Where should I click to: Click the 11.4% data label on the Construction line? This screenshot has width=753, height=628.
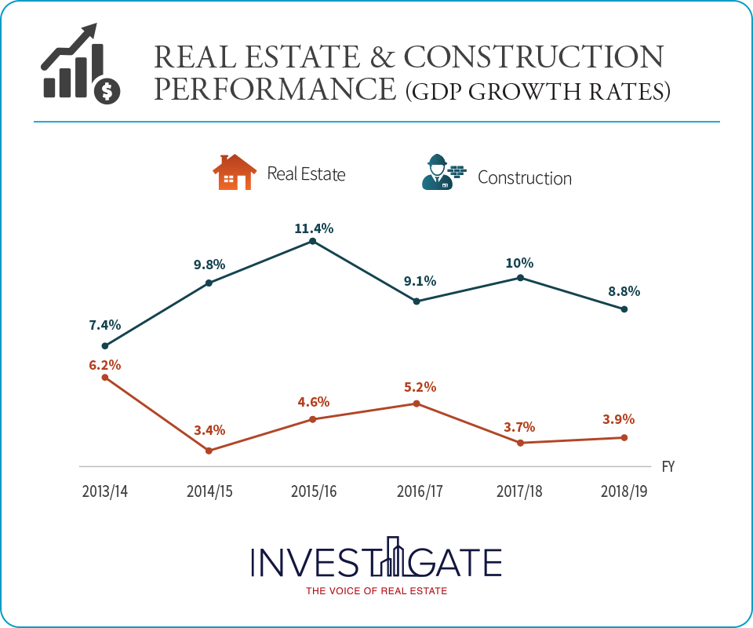pyautogui.click(x=313, y=228)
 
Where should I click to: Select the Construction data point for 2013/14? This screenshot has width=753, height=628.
pyautogui.click(x=105, y=345)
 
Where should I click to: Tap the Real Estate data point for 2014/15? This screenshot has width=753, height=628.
pyautogui.click(x=209, y=451)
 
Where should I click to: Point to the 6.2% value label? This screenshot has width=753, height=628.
pyautogui.click(x=105, y=365)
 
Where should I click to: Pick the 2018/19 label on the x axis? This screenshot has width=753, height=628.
pyautogui.click(x=624, y=491)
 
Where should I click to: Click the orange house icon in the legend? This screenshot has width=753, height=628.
pyautogui.click(x=235, y=173)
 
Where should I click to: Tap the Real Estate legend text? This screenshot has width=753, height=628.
pyautogui.click(x=306, y=173)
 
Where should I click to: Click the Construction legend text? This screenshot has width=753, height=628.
pyautogui.click(x=524, y=177)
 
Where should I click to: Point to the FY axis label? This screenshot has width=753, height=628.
pyautogui.click(x=668, y=466)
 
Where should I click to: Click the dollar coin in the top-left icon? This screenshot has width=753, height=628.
pyautogui.click(x=107, y=91)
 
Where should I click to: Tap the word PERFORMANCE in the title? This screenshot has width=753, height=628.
pyautogui.click(x=275, y=89)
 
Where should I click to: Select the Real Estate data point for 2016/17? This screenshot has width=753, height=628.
pyautogui.click(x=417, y=403)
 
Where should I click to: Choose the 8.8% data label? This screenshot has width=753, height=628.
pyautogui.click(x=624, y=290)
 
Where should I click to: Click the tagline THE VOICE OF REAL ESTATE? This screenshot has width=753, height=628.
pyautogui.click(x=376, y=591)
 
